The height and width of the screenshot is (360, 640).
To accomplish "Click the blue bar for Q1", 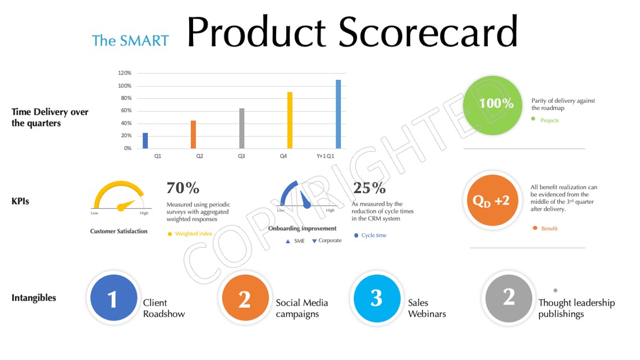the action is (145, 140).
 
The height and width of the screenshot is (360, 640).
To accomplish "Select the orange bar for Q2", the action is (194, 134).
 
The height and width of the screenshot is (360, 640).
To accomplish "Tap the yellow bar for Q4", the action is (290, 120).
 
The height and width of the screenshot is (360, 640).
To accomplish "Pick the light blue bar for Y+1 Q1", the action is (339, 114).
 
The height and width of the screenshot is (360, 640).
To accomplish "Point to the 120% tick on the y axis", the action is (125, 73).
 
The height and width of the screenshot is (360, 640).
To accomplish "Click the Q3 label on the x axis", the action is (241, 156).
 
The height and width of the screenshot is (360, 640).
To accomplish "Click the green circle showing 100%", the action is (493, 106).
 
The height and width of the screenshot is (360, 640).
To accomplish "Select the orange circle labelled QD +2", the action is (493, 200).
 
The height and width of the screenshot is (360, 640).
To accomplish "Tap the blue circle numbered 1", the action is (114, 298).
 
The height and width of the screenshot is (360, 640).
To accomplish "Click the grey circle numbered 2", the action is (509, 298).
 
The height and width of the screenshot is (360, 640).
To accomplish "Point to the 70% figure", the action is (183, 188).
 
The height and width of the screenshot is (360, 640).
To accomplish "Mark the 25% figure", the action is (369, 188).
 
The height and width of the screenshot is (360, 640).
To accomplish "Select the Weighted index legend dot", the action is (170, 234).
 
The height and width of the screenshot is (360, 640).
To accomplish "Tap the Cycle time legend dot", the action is (356, 235).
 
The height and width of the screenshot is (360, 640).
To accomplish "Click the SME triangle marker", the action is (288, 241).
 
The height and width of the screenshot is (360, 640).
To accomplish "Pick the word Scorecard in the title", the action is (428, 32).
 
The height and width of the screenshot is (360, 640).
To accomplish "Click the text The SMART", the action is (130, 41).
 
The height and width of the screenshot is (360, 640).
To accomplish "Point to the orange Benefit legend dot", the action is (534, 228).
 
